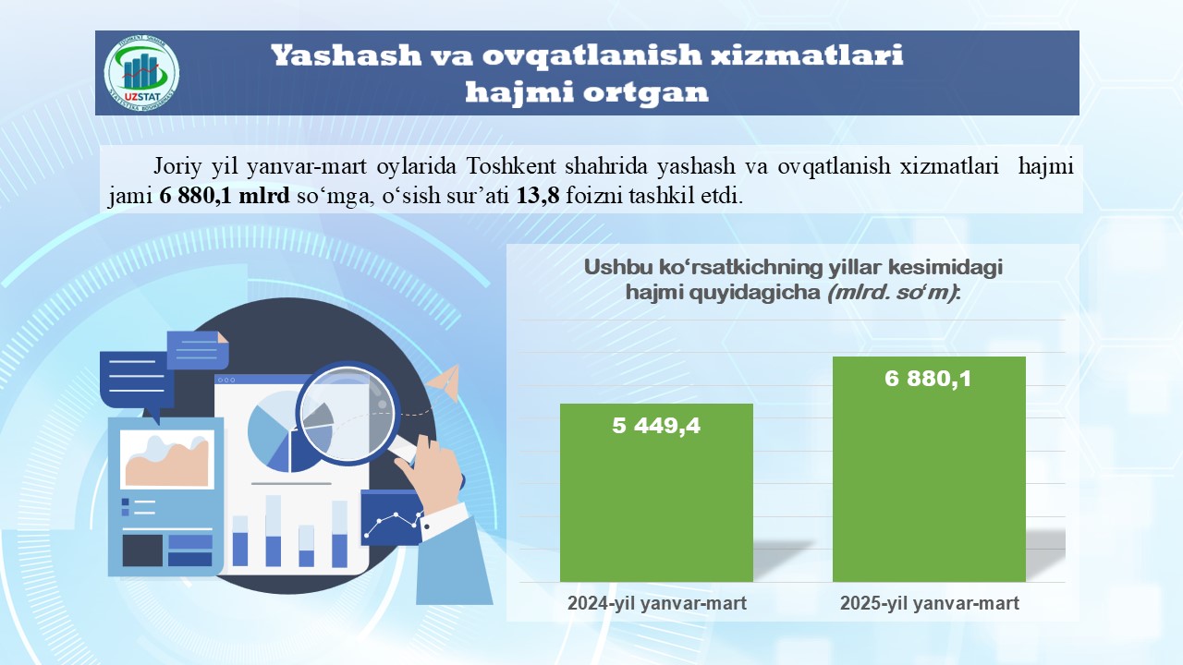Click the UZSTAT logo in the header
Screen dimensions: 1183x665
pyautogui.click(x=141, y=73)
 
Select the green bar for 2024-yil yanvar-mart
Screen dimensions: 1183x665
pyautogui.click(x=656, y=492)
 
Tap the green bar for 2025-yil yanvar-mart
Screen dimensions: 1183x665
pyautogui.click(x=929, y=469)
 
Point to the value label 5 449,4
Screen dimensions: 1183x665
pyautogui.click(x=656, y=426)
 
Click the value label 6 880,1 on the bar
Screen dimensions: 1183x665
pyautogui.click(x=928, y=379)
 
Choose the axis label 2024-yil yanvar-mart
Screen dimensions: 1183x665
pyautogui.click(x=657, y=603)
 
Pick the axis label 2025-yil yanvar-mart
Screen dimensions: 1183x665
pyautogui.click(x=930, y=603)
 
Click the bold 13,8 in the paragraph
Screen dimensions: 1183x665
pyautogui.click(x=537, y=196)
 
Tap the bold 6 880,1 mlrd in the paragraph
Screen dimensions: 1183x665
pyautogui.click(x=225, y=196)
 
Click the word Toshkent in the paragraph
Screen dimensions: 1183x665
pyautogui.click(x=511, y=166)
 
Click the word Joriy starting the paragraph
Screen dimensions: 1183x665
pyautogui.click(x=177, y=167)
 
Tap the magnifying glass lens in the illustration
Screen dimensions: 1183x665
pyautogui.click(x=347, y=413)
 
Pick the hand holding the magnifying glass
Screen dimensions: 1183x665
pyautogui.click(x=431, y=474)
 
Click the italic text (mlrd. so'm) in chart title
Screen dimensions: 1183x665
pyautogui.click(x=892, y=292)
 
